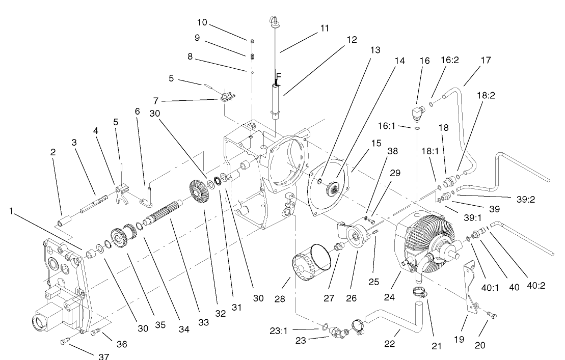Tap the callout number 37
pyautogui.click(x=104, y=356)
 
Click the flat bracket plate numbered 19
pyautogui.click(x=472, y=289)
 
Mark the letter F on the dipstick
pyautogui.click(x=278, y=77)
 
